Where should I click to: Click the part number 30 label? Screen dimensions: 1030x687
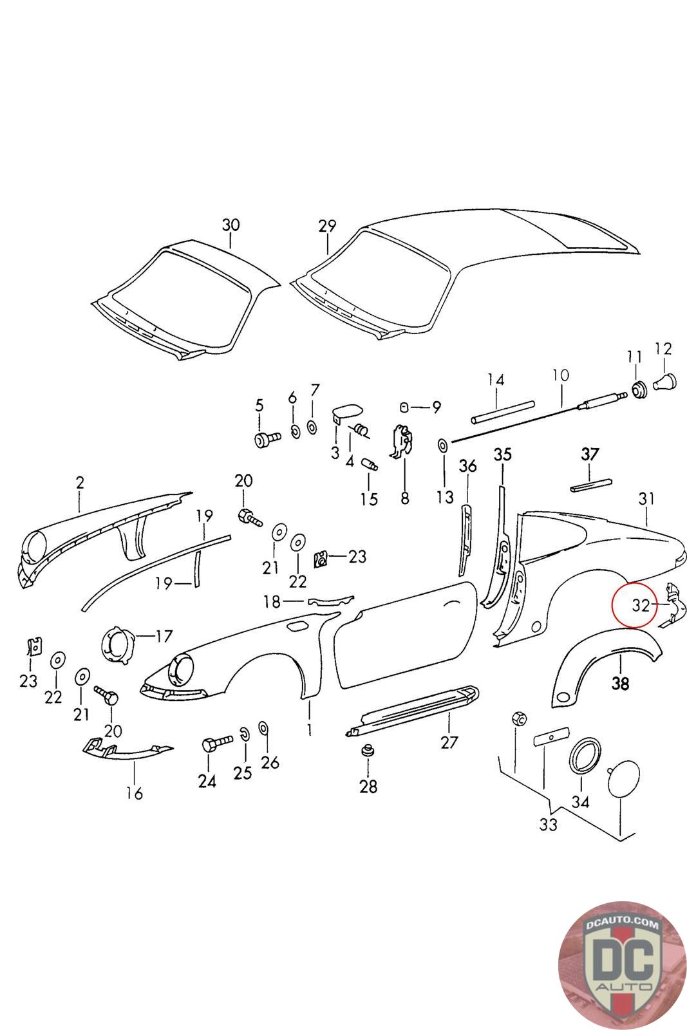point(231,225)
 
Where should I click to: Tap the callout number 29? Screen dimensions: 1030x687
point(327,226)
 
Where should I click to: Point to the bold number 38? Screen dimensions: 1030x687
point(620,684)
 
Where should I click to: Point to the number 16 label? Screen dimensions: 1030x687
point(134,793)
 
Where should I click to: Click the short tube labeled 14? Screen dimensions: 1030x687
point(503,412)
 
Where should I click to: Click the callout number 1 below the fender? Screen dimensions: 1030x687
point(309,729)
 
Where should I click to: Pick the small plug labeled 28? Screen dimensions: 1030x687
point(369,752)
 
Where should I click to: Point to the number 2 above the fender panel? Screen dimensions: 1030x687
point(80,483)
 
